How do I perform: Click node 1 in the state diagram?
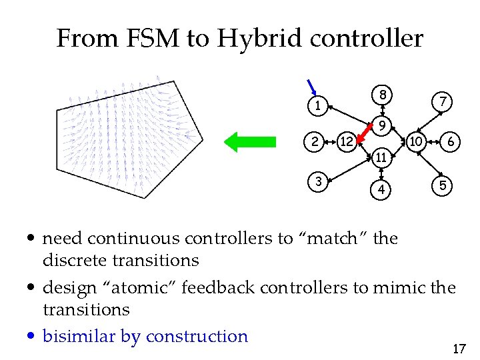click(x=319, y=105)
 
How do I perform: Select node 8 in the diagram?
click(x=381, y=95)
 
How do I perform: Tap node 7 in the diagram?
click(x=441, y=101)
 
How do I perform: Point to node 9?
click(x=381, y=125)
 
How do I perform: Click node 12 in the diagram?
click(x=345, y=141)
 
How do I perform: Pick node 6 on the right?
click(x=451, y=141)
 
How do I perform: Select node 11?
click(x=381, y=158)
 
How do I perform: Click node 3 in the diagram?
click(x=319, y=181)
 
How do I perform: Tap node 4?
click(x=381, y=189)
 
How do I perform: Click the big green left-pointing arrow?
click(x=249, y=141)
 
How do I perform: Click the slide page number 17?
click(x=458, y=348)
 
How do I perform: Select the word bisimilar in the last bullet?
click(x=79, y=336)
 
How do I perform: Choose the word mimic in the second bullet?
click(x=406, y=287)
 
